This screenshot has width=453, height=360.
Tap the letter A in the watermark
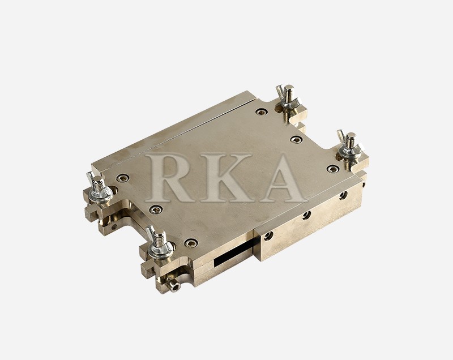[283, 177]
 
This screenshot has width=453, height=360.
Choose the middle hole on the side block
[306, 215]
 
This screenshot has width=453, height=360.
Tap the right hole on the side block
[343, 195]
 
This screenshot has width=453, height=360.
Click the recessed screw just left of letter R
[123, 178]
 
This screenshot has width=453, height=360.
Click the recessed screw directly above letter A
[296, 139]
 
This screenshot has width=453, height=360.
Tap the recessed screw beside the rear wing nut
[261, 112]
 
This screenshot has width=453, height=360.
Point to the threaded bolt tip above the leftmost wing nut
[97, 179]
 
